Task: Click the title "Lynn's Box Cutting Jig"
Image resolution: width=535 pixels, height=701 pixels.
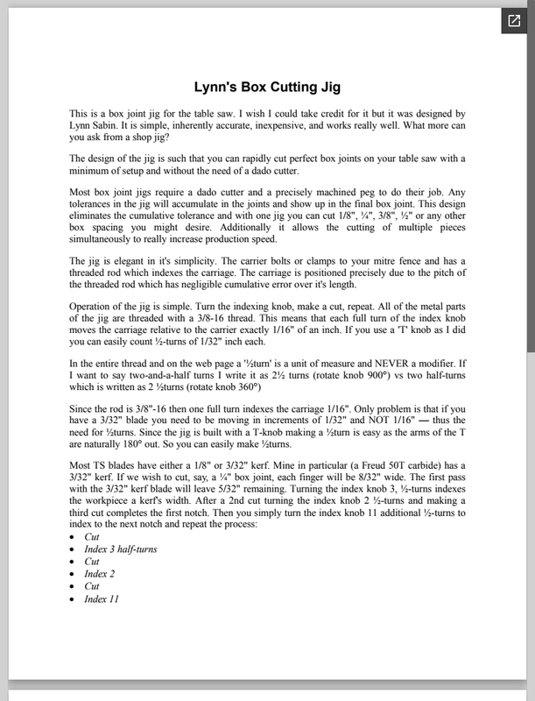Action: tap(267, 88)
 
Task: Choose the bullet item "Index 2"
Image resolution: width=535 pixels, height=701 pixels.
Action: tap(100, 574)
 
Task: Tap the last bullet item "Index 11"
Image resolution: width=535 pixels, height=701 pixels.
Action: tap(102, 599)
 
